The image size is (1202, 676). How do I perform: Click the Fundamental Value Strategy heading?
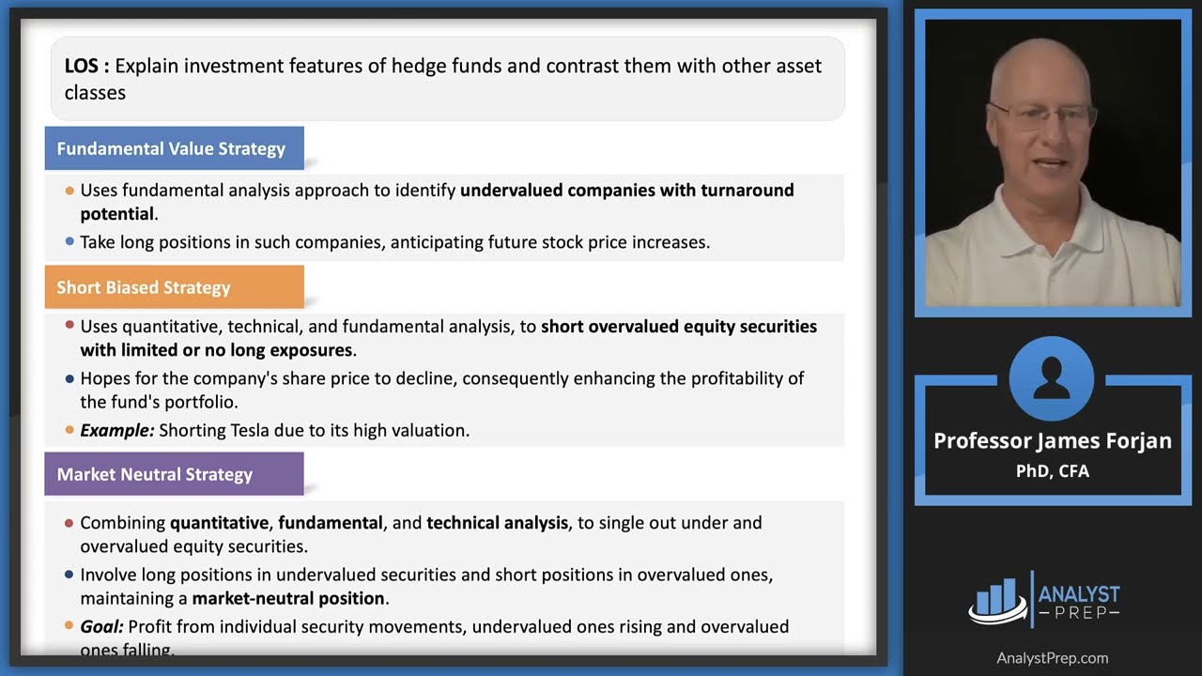171,148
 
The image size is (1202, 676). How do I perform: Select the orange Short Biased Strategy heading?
143,287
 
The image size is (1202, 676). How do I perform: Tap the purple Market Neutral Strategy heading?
154,474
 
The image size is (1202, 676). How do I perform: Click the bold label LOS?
86,66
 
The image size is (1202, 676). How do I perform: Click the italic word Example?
116,431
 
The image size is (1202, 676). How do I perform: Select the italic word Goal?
101,626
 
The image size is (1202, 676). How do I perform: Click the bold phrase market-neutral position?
288,598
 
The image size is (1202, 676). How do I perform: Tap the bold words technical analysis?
497,522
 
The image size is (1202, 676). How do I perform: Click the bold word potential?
116,214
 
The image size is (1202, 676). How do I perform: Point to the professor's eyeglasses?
1042,116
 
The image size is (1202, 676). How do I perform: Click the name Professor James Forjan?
1052,441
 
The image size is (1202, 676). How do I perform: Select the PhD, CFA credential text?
1052,471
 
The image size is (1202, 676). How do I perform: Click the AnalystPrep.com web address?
1052,658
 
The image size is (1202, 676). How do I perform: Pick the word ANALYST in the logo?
1079,593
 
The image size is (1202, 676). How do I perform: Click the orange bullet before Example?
69,430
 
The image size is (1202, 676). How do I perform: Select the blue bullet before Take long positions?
69,241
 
